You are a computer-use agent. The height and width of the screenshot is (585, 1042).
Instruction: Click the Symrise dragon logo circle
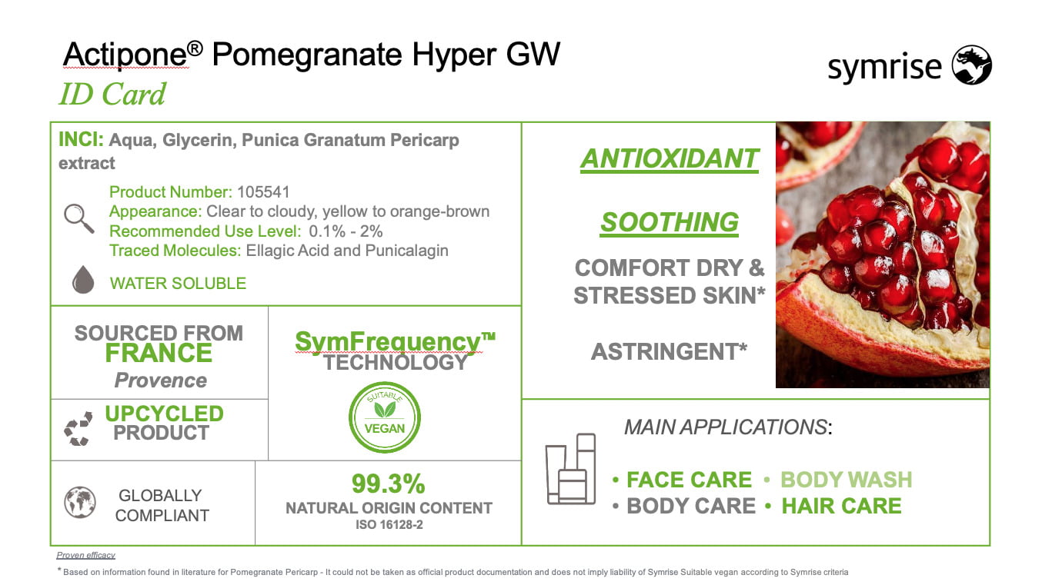click(x=971, y=65)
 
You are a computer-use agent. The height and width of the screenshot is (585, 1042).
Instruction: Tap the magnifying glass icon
click(x=78, y=218)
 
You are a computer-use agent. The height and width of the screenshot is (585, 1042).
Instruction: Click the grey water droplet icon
click(x=83, y=279)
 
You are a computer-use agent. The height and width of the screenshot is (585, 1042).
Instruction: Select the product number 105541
click(x=263, y=192)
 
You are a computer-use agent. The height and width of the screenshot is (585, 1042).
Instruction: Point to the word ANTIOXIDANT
click(x=670, y=159)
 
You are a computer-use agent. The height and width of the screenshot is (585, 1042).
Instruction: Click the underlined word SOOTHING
click(x=669, y=222)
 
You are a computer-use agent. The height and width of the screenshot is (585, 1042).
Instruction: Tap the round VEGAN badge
click(x=384, y=417)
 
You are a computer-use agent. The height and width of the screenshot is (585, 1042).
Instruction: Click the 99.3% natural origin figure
click(x=389, y=484)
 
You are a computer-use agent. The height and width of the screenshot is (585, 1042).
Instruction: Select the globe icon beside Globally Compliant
click(x=80, y=502)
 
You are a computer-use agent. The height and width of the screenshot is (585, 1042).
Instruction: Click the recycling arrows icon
click(x=78, y=428)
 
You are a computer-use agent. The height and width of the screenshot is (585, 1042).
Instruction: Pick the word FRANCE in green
click(x=159, y=353)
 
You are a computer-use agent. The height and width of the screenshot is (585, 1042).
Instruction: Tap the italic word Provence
click(x=161, y=381)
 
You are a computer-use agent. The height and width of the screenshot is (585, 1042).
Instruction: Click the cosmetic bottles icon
click(x=570, y=469)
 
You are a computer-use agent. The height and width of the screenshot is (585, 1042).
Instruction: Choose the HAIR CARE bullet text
click(x=841, y=506)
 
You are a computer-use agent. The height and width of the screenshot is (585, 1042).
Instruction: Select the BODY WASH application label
click(x=847, y=480)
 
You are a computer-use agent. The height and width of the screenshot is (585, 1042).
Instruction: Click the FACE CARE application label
click(x=689, y=480)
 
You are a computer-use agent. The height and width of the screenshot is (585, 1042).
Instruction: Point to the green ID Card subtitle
click(x=112, y=94)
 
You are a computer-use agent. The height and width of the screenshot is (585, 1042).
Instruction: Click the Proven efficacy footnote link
click(x=85, y=555)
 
